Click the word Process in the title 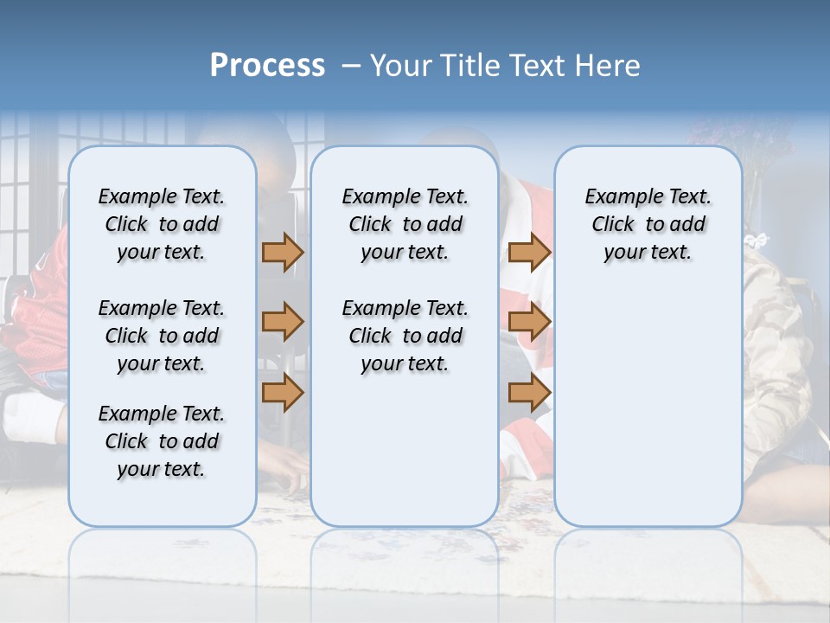pos(267,65)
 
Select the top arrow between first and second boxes pos(283,252)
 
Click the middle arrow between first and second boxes pos(283,323)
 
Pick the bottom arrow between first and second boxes pos(283,393)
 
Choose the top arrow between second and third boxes pos(529,252)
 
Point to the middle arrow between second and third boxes pos(529,323)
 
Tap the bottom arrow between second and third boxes pos(529,393)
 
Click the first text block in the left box pos(162,224)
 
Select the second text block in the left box pos(162,336)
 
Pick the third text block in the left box pos(162,441)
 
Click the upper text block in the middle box pos(405,224)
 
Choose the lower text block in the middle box pos(405,336)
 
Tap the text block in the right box pos(648,224)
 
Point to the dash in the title pos(351,65)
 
